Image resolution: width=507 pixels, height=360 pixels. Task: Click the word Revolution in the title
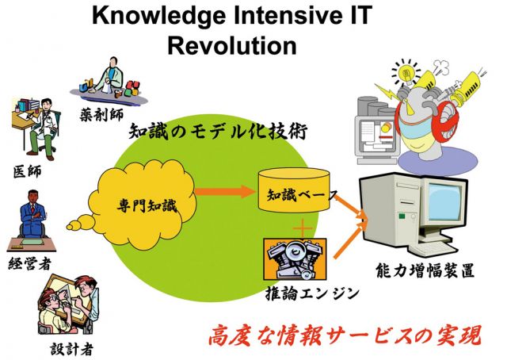232,45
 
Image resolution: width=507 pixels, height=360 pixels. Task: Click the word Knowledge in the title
158,16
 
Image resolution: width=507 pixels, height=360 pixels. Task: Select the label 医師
28,171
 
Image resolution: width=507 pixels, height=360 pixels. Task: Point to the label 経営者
30,264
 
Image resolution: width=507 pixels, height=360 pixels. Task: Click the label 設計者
72,349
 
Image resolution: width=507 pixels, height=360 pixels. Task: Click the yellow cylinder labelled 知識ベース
294,190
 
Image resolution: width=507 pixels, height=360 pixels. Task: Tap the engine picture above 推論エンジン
295,259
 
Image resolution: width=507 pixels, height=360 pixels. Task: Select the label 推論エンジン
312,293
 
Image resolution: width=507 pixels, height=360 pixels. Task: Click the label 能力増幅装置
425,270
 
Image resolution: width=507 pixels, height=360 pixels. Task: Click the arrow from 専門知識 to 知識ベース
225,191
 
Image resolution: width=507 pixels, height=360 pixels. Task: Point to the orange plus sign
303,228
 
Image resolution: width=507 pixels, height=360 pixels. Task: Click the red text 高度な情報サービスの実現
345,335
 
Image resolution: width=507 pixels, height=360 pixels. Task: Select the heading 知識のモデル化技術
218,132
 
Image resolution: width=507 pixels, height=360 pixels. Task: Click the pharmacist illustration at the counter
109,81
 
